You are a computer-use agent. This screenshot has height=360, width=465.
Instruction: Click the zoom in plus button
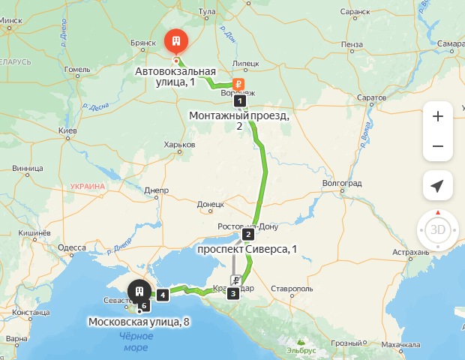click(438, 116)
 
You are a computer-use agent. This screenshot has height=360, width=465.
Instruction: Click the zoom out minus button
click(438, 146)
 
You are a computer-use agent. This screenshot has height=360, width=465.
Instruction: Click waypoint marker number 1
click(239, 100)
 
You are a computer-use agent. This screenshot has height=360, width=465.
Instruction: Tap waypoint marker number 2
click(248, 232)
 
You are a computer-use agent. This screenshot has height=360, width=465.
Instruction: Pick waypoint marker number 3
click(233, 293)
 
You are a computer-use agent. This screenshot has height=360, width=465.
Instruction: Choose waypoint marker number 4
click(162, 295)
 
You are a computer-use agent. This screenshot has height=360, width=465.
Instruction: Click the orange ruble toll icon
click(237, 84)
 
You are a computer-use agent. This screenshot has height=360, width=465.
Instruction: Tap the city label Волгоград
click(341, 183)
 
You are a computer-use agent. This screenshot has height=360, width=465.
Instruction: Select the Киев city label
click(68, 131)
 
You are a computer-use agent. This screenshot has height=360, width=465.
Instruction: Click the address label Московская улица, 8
click(139, 322)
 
